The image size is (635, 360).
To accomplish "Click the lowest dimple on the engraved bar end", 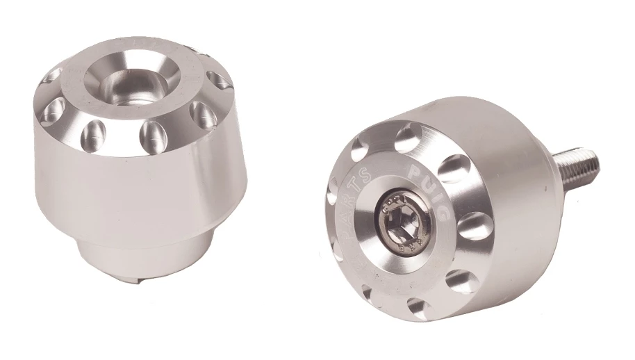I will pos(418,306).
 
